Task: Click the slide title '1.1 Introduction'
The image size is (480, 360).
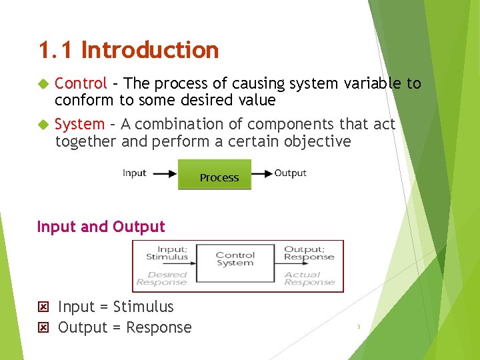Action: [x=129, y=50]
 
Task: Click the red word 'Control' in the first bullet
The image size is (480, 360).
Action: [x=81, y=83]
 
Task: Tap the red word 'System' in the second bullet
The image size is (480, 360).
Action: [x=79, y=124]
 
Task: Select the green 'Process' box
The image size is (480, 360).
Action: [x=215, y=175]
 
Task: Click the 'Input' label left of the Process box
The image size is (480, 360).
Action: [x=134, y=173]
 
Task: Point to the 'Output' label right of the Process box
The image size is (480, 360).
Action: [x=291, y=173]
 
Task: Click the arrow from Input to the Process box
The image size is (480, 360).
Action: [x=163, y=173]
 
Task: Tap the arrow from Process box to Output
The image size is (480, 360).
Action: [x=263, y=173]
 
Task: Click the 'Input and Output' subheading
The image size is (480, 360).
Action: [x=101, y=227]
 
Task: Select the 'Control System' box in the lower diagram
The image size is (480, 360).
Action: [x=235, y=259]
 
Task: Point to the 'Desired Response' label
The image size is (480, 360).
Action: [x=167, y=278]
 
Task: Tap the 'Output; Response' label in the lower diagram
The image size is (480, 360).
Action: [x=309, y=253]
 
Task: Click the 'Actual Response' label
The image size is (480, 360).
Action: [x=309, y=278]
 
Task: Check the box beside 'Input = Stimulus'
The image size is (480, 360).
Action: [x=44, y=307]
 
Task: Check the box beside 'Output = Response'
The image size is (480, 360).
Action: [x=44, y=328]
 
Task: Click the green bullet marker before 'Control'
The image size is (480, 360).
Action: [x=43, y=84]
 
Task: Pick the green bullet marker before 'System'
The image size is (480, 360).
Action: [x=43, y=125]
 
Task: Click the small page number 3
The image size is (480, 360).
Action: [x=359, y=327]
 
